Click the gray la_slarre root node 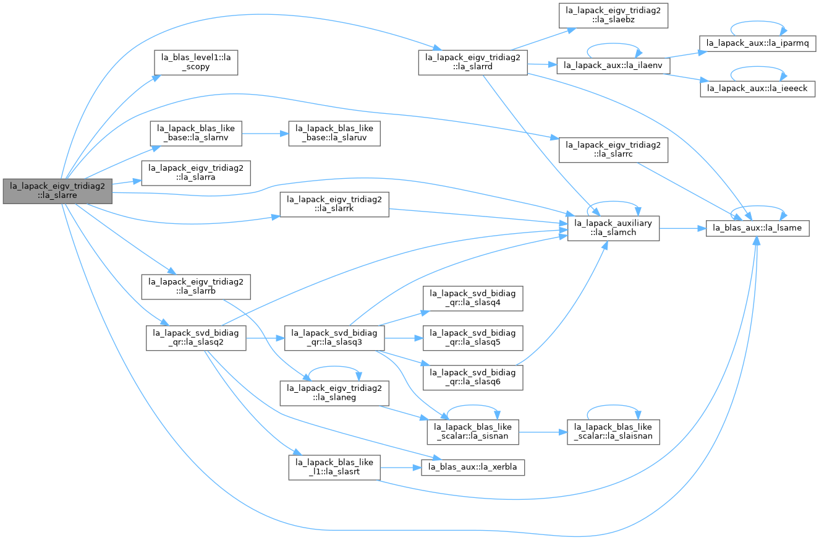point(57,191)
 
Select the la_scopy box point(196,62)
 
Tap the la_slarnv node point(196,134)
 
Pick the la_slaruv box point(334,134)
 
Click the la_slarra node point(196,173)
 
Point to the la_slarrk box point(334,205)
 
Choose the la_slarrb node point(196,287)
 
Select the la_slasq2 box point(196,338)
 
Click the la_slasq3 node point(334,338)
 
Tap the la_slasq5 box point(473,338)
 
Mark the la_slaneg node point(334,393)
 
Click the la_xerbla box point(473,468)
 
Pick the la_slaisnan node point(613,432)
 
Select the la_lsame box point(757,228)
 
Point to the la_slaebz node point(613,15)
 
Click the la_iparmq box point(757,43)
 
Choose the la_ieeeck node point(757,89)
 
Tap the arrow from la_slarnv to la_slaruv point(265,134)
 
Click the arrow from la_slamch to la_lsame point(682,228)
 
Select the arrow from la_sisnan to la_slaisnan point(543,432)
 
